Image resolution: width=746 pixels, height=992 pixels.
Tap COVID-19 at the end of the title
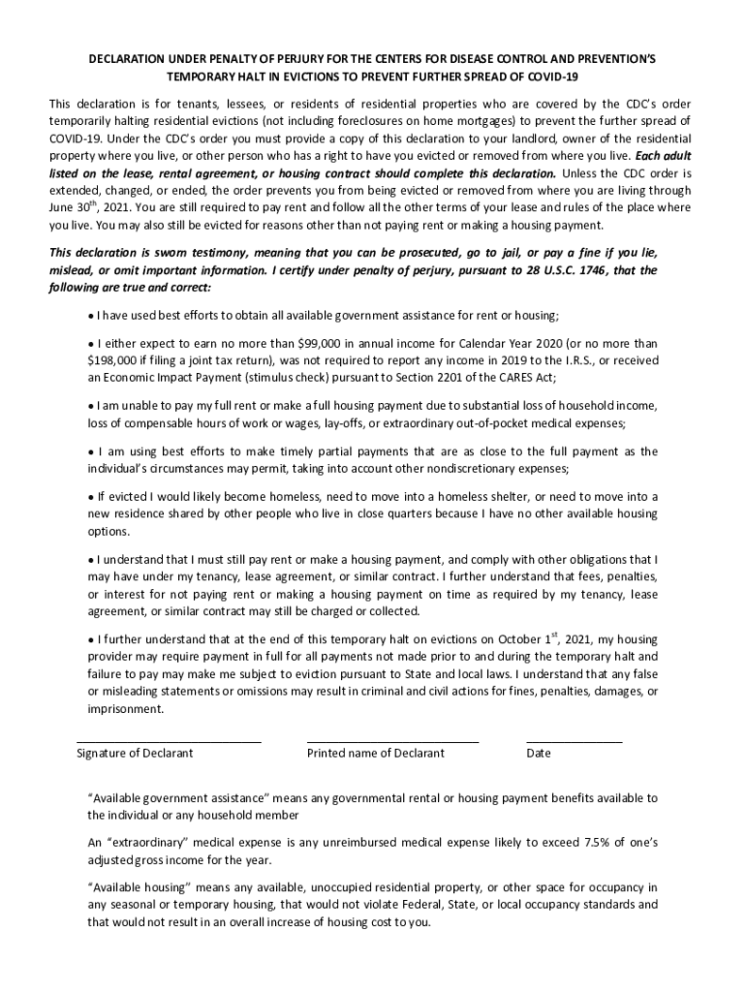[x=540, y=77]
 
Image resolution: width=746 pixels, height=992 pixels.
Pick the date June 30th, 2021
[x=99, y=207]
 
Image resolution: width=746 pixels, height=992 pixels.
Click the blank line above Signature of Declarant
[x=169, y=741]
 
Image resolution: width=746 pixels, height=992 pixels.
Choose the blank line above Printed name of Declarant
[x=392, y=741]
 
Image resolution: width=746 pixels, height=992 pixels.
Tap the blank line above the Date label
[x=574, y=741]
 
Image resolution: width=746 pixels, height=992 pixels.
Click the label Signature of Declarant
[x=135, y=753]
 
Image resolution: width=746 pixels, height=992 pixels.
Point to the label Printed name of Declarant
[x=376, y=753]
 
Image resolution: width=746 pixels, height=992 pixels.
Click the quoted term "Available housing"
[x=134, y=887]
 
